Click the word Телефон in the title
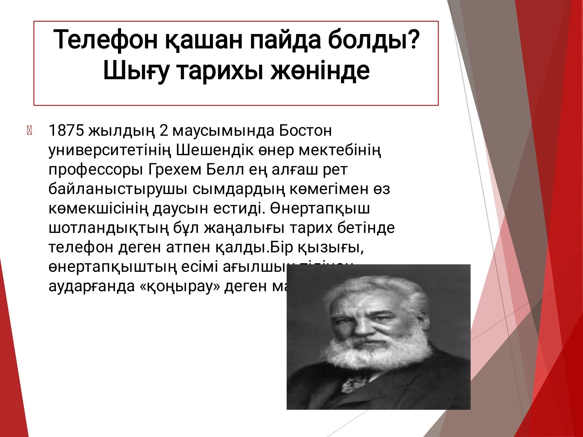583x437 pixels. click(105, 40)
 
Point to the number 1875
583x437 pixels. click(66, 131)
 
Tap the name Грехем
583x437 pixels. click(175, 169)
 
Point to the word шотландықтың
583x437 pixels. click(109, 228)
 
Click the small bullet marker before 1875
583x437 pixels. click(29, 131)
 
